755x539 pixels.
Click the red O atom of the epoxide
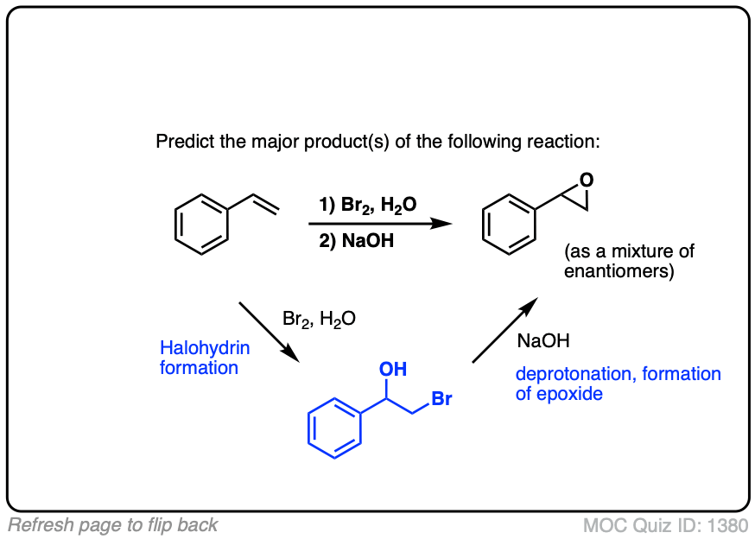[587, 181]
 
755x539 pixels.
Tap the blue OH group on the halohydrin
[393, 370]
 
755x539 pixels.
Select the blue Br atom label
[441, 400]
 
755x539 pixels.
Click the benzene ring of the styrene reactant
[202, 223]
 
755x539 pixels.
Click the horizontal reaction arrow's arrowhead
[441, 223]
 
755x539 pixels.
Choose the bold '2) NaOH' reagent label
[357, 241]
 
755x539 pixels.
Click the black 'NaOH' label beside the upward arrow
[543, 341]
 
